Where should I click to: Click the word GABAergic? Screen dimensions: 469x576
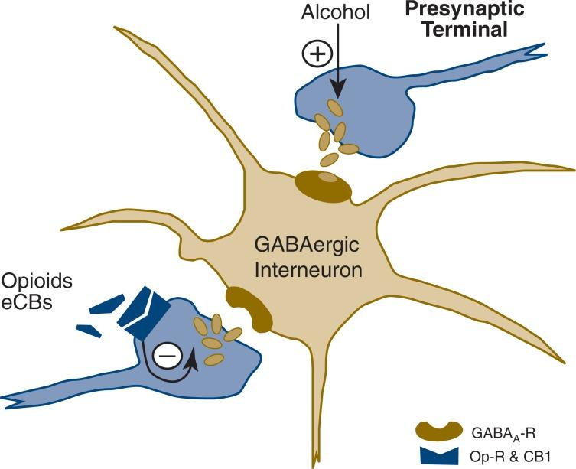click(x=298, y=247)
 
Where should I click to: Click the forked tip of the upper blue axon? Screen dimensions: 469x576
click(x=536, y=54)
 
